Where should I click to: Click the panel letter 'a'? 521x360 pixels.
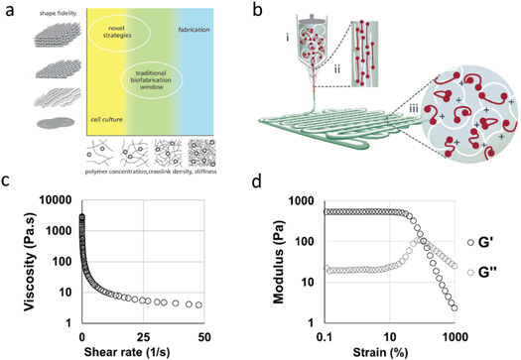click(x=9, y=9)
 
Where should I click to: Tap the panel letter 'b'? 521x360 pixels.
click(x=286, y=9)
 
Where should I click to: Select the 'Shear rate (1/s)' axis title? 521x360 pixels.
click(x=143, y=349)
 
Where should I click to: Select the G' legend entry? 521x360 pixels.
click(x=489, y=242)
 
